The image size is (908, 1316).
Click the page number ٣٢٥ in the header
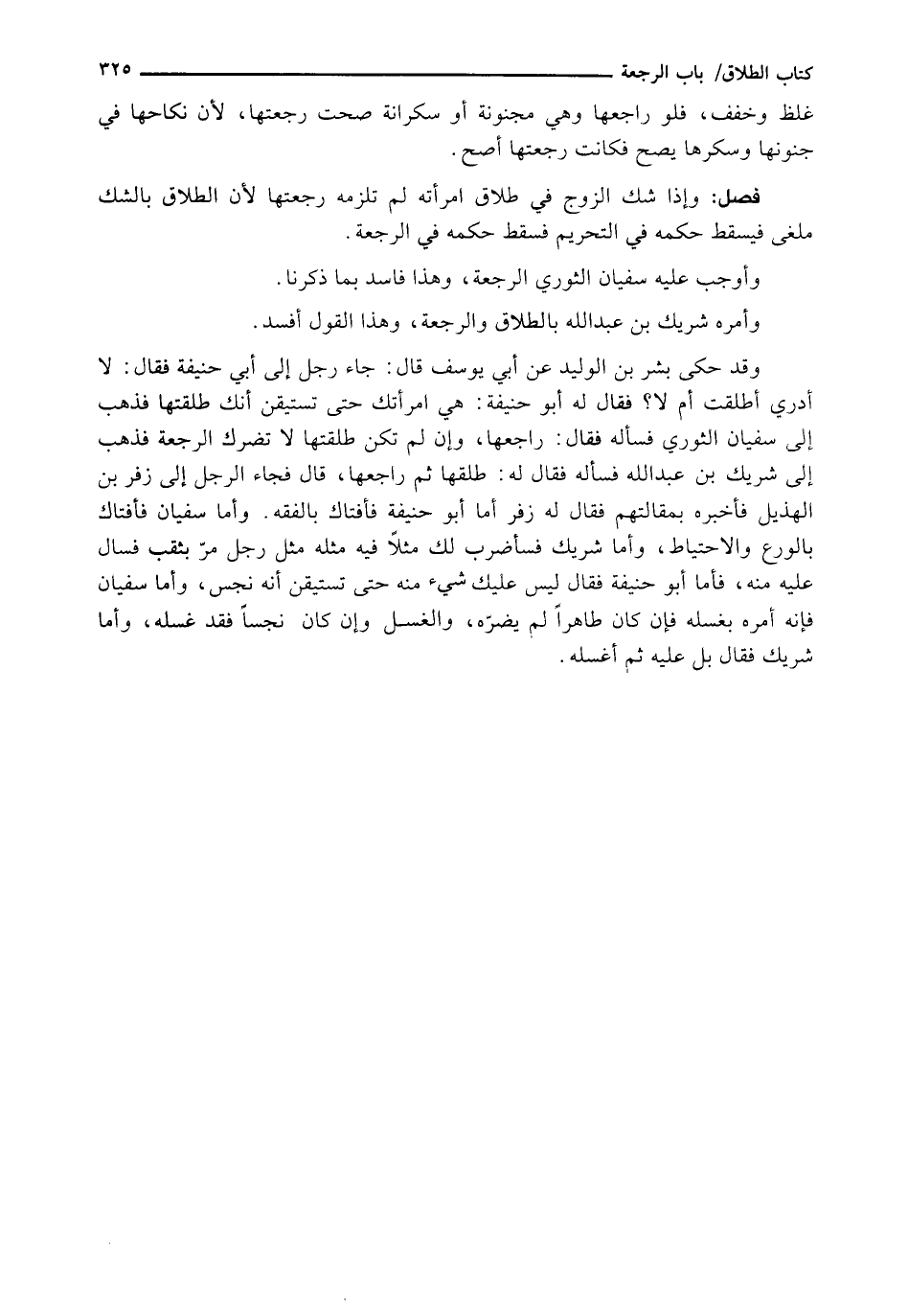click(x=113, y=69)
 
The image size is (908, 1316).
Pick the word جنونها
click(x=780, y=151)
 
